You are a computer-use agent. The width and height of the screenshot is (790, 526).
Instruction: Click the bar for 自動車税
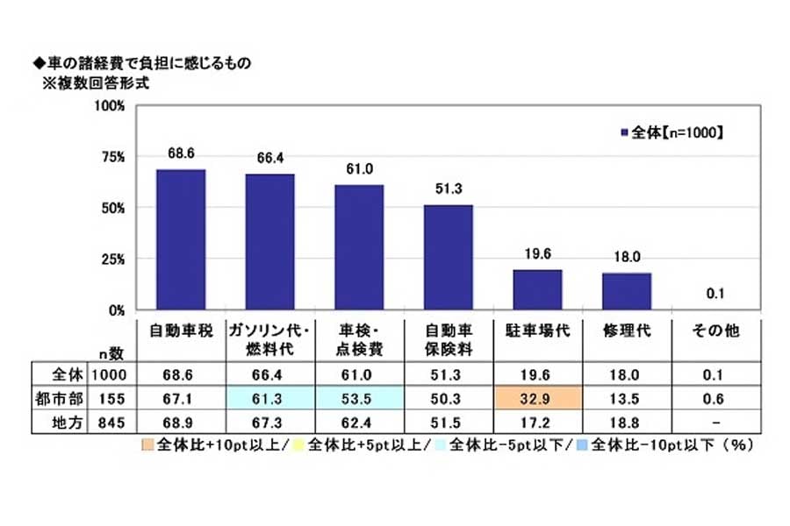(x=180, y=239)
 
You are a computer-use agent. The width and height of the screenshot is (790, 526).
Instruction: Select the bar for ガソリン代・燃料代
(x=269, y=242)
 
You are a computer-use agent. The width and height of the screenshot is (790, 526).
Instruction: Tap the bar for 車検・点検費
(x=358, y=247)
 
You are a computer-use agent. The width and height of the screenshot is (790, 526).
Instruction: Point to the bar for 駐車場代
(x=536, y=290)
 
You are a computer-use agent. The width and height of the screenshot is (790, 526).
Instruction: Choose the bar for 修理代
(x=626, y=292)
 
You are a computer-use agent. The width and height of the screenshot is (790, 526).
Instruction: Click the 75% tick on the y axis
(x=117, y=157)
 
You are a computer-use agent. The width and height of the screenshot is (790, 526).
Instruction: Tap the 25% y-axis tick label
(x=117, y=259)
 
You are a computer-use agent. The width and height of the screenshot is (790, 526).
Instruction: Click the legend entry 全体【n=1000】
(x=671, y=133)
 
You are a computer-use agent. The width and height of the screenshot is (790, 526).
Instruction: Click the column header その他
(x=715, y=332)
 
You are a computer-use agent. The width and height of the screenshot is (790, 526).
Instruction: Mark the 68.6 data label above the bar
(x=180, y=153)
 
